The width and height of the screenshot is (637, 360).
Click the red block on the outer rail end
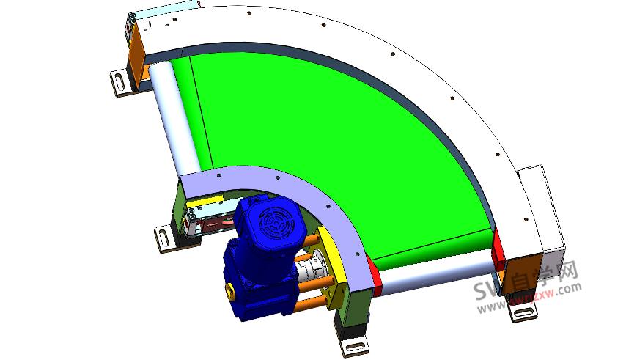coord(498,249)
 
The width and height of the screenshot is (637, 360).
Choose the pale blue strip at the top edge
coord(165,10)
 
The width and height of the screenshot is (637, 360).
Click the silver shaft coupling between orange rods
coord(317,267)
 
